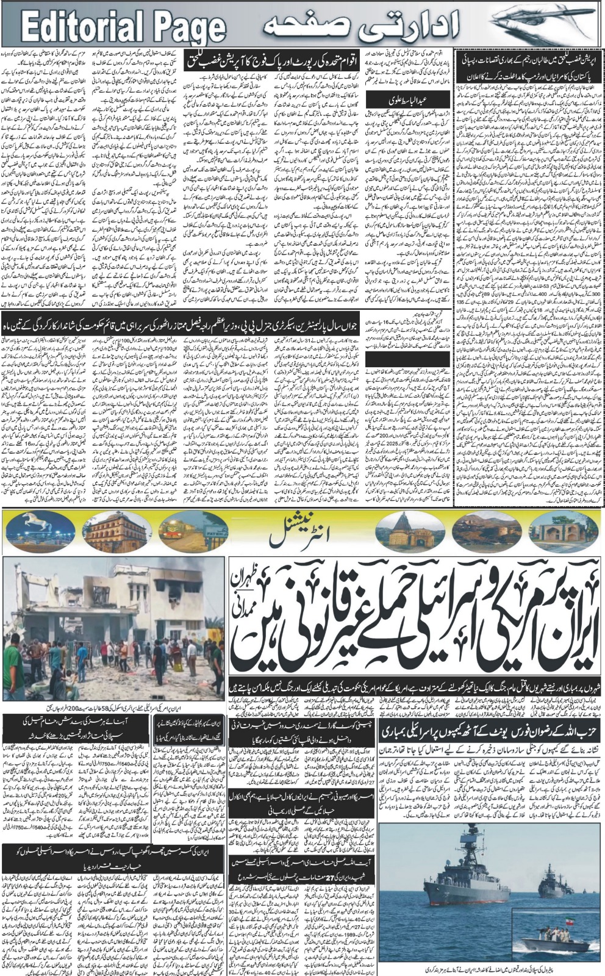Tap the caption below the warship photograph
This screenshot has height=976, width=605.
tap(491, 969)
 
